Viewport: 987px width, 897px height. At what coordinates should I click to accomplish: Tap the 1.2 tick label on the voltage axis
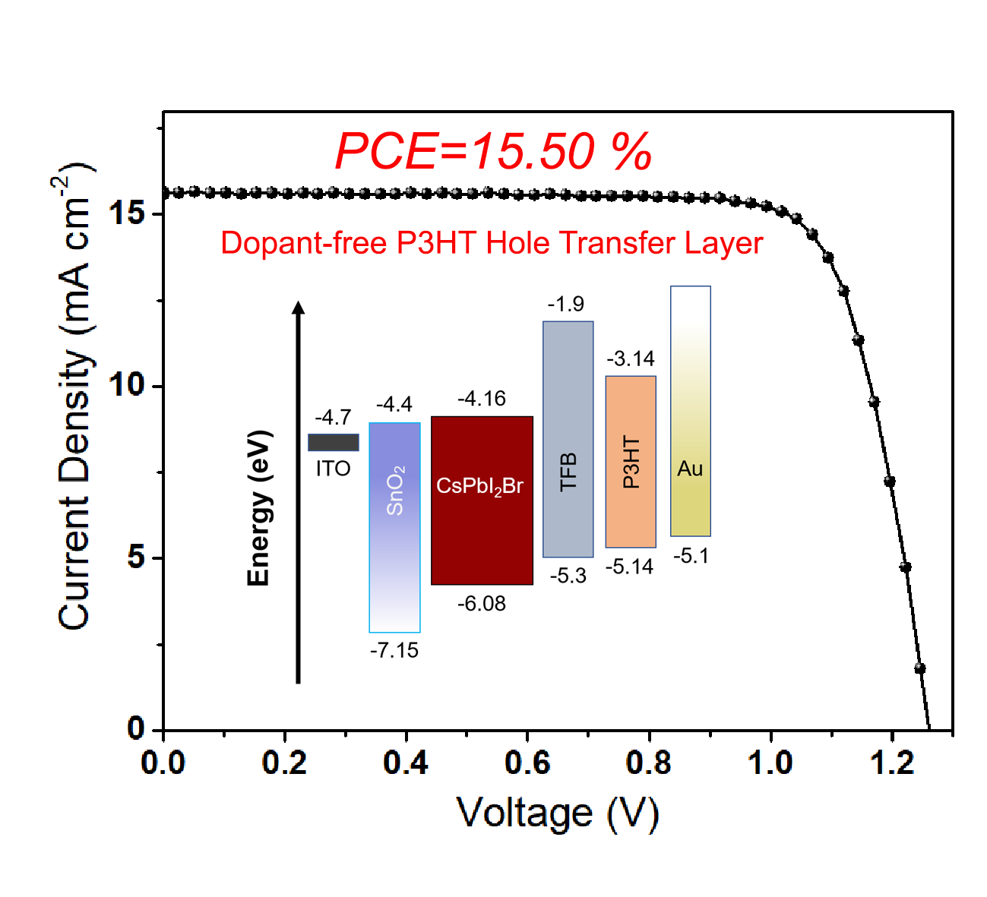click(892, 762)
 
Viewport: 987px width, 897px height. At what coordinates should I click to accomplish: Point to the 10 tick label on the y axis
click(126, 385)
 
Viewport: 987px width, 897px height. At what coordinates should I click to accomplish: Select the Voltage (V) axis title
click(557, 813)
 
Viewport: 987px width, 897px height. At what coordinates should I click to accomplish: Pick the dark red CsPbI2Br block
click(482, 501)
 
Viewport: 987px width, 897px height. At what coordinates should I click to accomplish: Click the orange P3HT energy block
click(631, 461)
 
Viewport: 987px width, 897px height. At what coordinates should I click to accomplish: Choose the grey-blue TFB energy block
click(568, 439)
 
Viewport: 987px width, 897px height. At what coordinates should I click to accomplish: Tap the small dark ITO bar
click(333, 442)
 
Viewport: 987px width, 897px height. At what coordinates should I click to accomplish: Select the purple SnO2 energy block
click(394, 527)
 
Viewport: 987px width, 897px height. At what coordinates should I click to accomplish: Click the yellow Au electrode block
click(690, 411)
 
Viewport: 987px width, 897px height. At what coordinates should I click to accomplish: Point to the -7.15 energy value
click(394, 650)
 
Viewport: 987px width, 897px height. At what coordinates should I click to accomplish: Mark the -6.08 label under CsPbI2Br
click(482, 604)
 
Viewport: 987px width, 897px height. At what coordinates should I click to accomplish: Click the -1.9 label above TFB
click(566, 305)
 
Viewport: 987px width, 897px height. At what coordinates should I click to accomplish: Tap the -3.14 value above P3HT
click(631, 358)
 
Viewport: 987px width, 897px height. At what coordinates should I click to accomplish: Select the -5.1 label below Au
click(691, 556)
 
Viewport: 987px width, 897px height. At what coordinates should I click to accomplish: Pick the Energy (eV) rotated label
click(259, 507)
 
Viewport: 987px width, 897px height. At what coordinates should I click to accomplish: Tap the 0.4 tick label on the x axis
click(406, 762)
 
